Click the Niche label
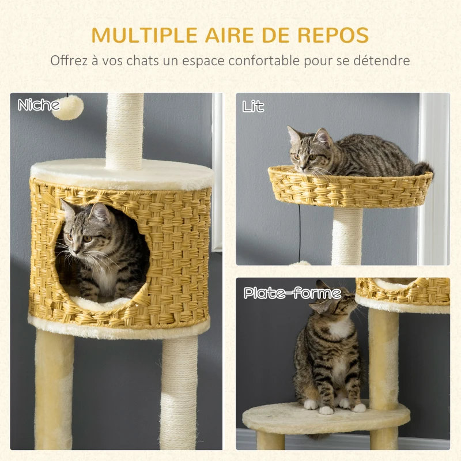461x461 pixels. pyautogui.click(x=39, y=105)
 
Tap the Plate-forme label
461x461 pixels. pyautogui.click(x=292, y=293)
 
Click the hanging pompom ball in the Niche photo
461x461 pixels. pyautogui.click(x=67, y=108)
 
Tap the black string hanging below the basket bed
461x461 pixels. pyautogui.click(x=299, y=231)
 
